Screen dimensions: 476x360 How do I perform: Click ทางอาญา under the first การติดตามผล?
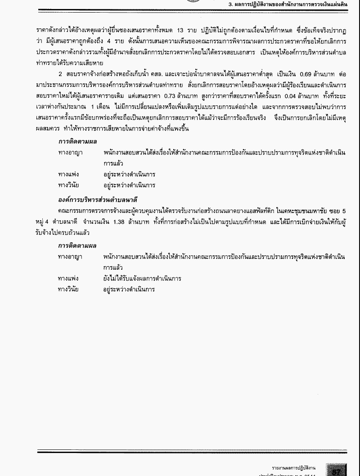[70, 153]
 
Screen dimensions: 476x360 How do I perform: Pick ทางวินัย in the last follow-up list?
[68, 289]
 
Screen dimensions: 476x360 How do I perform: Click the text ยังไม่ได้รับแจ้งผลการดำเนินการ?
[142, 278]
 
